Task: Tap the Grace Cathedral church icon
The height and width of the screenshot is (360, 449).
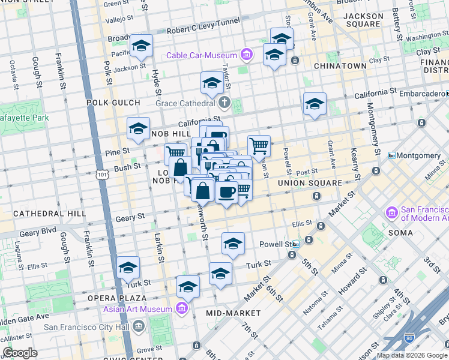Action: [x=225, y=103]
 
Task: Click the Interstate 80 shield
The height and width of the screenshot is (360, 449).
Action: [x=410, y=339]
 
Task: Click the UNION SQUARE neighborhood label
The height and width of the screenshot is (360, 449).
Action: [x=309, y=182]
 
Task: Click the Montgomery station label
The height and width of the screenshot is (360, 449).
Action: [x=418, y=155]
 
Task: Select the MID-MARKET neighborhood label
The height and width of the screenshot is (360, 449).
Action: [x=233, y=313]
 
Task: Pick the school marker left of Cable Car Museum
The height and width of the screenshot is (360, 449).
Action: [x=142, y=46]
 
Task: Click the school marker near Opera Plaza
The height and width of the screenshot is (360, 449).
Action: [x=128, y=268]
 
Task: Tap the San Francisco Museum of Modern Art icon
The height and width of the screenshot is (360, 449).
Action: [x=392, y=213]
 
